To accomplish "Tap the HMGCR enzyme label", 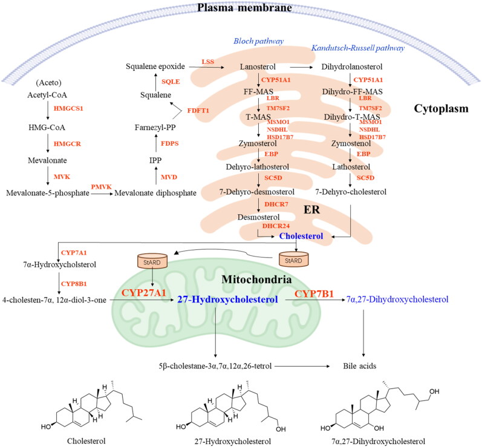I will click(67, 144).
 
